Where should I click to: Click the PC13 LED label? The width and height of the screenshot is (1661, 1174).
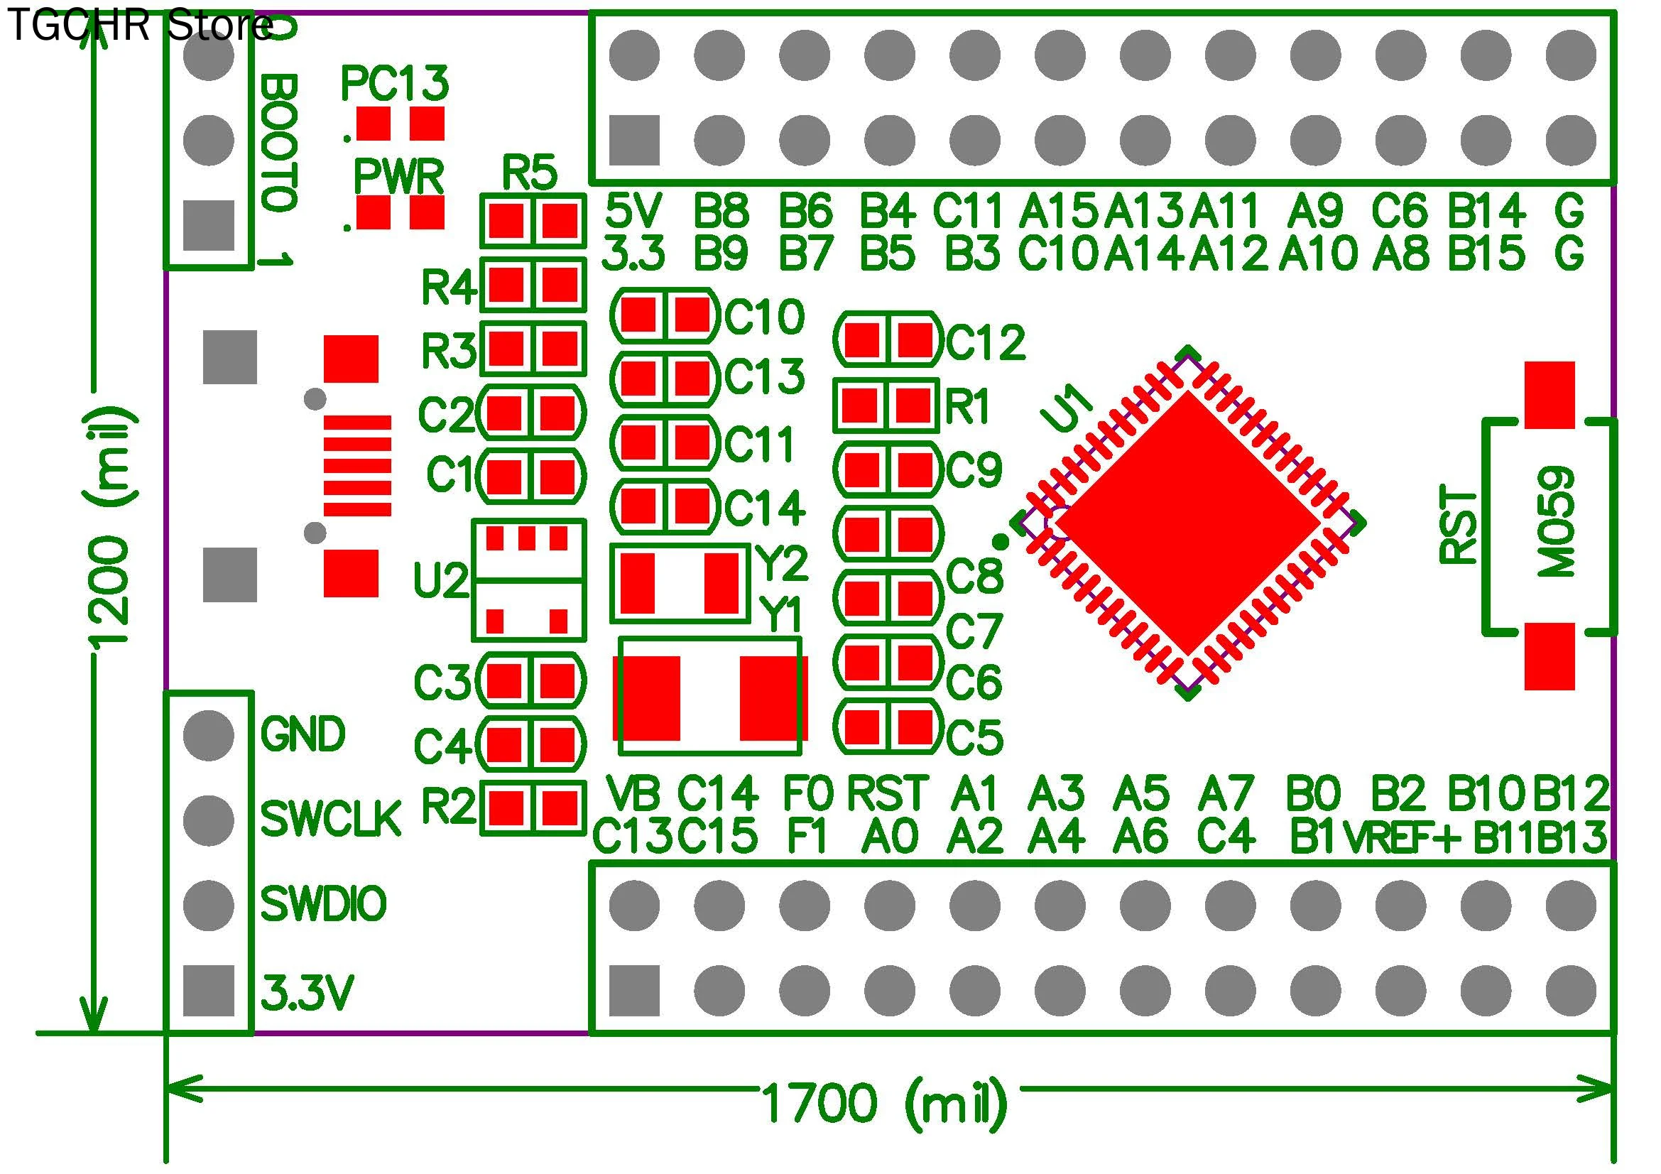click(394, 84)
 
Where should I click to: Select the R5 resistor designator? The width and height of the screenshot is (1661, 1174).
click(530, 173)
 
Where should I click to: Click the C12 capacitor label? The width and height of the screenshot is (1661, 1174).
click(986, 342)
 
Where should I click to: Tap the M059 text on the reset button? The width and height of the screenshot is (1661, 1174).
click(1555, 521)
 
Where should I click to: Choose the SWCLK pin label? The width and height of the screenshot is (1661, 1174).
click(330, 820)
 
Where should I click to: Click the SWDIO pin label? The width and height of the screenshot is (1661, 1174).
click(323, 904)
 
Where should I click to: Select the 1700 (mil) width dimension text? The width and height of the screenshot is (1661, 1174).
click(884, 1104)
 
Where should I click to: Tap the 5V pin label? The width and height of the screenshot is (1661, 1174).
click(633, 211)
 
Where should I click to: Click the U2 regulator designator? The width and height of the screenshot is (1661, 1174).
click(440, 580)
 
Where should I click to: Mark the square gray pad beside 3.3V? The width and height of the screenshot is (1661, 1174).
click(209, 990)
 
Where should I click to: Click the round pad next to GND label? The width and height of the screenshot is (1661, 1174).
click(209, 735)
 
